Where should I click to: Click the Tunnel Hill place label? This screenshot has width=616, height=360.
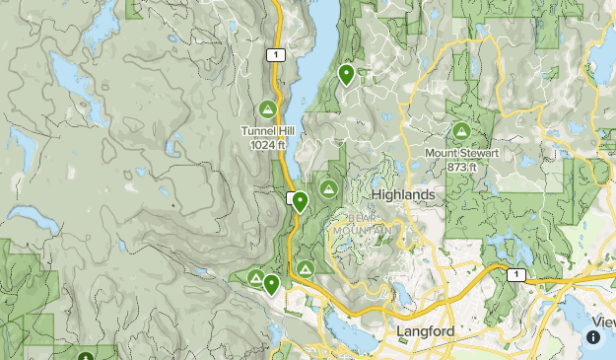(x=267, y=130)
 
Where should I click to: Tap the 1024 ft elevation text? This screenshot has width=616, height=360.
(x=267, y=144)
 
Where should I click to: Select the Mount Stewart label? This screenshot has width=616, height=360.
(x=461, y=153)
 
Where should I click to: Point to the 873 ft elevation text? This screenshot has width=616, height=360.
(x=461, y=167)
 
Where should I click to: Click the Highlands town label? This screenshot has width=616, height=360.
(x=402, y=195)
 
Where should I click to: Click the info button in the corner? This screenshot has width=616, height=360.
(x=593, y=337)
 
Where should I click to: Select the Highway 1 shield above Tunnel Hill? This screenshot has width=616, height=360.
(x=276, y=55)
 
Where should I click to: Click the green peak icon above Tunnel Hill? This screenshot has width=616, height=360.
(x=266, y=108)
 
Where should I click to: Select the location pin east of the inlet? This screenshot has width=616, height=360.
(x=346, y=74)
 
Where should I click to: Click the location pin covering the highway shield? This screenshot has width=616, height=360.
(x=300, y=202)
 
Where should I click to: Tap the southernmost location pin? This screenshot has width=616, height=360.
(x=271, y=285)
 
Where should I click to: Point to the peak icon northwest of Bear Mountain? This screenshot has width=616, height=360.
(x=328, y=187)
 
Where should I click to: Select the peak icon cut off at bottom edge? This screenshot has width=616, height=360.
(x=86, y=356)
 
